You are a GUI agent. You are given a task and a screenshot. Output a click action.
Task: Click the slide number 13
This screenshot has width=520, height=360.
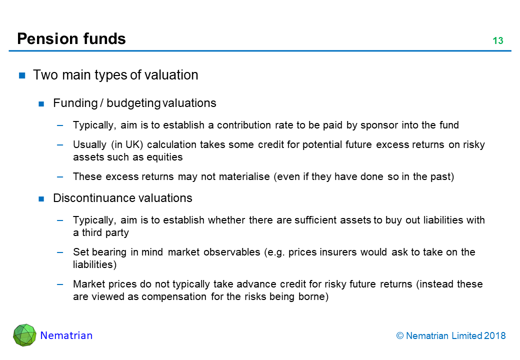(498, 40)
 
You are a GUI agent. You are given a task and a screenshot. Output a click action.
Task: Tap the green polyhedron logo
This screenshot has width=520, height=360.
(24, 335)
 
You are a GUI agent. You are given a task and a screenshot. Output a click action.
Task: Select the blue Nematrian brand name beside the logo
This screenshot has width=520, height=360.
(66, 335)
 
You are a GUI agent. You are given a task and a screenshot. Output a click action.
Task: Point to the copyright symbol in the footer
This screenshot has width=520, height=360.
(400, 336)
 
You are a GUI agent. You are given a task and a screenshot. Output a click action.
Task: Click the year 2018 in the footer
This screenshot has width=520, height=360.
(495, 336)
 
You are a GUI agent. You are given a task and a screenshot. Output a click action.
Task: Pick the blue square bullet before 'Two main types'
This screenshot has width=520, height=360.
(22, 75)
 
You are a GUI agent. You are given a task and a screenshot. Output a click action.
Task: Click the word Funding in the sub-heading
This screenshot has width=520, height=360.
(75, 103)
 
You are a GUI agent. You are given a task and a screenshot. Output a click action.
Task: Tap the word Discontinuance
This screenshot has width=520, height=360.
(94, 198)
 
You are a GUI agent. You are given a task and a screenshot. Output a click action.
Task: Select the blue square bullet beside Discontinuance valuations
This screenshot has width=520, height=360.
(41, 199)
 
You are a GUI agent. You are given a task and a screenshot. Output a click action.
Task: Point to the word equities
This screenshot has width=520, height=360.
(164, 157)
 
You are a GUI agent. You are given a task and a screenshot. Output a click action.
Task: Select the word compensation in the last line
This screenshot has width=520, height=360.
(174, 296)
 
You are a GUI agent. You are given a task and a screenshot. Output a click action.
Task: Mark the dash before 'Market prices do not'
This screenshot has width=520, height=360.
(60, 284)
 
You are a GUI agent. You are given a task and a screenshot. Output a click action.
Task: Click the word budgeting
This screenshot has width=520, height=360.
(133, 103)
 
